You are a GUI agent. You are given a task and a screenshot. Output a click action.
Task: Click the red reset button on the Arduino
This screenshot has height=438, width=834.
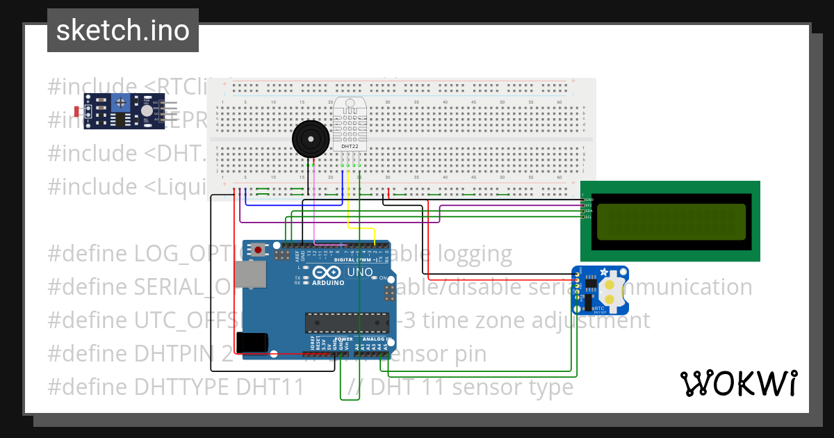(259, 249)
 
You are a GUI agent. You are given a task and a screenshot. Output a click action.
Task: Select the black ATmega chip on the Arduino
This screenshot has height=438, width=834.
(347, 323)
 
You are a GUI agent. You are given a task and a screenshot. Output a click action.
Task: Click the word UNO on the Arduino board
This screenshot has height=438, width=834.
(360, 272)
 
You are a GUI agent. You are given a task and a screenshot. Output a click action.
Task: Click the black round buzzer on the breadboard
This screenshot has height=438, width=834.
(309, 139)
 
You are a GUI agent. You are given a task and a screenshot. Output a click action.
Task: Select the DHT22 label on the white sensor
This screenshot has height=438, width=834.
(350, 146)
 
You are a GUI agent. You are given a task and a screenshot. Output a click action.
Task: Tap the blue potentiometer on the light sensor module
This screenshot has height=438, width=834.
(122, 102)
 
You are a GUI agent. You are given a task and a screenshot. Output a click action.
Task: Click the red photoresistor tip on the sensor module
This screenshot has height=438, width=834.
(76, 111)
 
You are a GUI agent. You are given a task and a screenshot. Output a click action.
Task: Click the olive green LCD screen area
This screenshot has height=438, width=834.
(669, 220)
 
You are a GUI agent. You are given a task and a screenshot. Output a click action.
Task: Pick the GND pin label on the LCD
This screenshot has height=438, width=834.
(589, 200)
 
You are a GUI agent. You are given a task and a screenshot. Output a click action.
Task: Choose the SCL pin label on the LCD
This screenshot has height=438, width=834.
(589, 217)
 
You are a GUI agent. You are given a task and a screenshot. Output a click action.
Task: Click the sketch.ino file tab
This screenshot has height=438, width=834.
(123, 31)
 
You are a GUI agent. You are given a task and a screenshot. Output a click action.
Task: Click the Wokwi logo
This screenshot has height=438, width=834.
(738, 383)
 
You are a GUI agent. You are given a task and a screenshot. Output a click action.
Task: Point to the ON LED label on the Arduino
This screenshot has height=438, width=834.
(383, 278)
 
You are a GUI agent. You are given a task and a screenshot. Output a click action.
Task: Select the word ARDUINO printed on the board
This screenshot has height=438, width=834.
(327, 283)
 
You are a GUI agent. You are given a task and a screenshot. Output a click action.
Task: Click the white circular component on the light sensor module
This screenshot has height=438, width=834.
(147, 111)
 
